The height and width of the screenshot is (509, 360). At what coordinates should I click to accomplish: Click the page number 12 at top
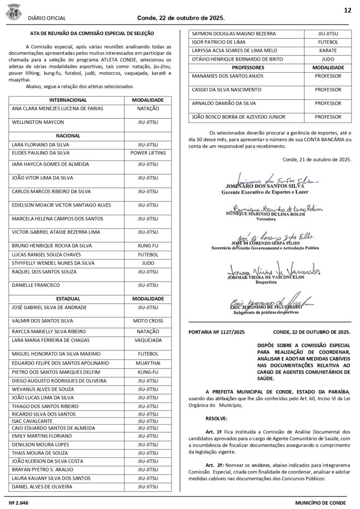[x=348, y=10]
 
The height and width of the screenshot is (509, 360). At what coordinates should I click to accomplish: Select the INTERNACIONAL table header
[x=68, y=100]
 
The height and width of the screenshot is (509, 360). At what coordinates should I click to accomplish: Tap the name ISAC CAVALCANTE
[x=31, y=421]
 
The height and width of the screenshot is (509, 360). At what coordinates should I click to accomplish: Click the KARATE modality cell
[x=328, y=51]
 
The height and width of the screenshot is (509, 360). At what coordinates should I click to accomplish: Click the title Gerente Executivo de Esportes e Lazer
[x=266, y=191]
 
